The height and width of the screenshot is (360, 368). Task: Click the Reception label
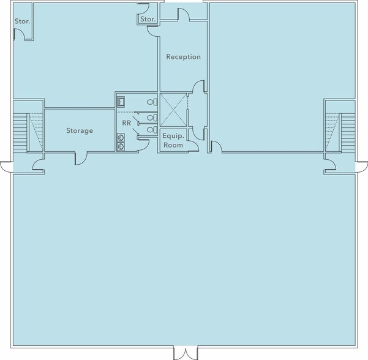[x=183, y=57]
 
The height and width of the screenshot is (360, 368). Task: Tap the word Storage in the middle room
[x=80, y=131]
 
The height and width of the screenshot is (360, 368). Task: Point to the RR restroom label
[x=127, y=123]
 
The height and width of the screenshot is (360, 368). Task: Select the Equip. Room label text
[x=173, y=140]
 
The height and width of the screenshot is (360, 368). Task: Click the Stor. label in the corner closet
[x=23, y=21]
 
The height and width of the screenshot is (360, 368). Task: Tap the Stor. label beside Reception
[x=148, y=19]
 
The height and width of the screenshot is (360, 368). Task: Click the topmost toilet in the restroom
[x=152, y=102]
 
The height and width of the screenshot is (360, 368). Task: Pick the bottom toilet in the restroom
[x=152, y=130]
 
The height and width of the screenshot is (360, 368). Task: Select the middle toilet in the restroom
[x=152, y=118]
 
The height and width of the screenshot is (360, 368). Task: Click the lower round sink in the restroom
[x=121, y=147]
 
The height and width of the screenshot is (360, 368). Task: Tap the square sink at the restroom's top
[x=121, y=102]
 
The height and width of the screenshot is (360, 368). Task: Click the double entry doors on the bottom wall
[x=186, y=353]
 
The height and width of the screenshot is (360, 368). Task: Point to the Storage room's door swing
[x=81, y=159]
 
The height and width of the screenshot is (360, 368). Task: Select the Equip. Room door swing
[x=193, y=146]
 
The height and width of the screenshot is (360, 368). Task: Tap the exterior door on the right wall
[x=362, y=167]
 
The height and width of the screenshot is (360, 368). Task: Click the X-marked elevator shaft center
[x=173, y=110]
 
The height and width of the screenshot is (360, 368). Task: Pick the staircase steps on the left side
[x=20, y=132]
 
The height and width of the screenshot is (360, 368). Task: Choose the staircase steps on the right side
[x=348, y=132]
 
